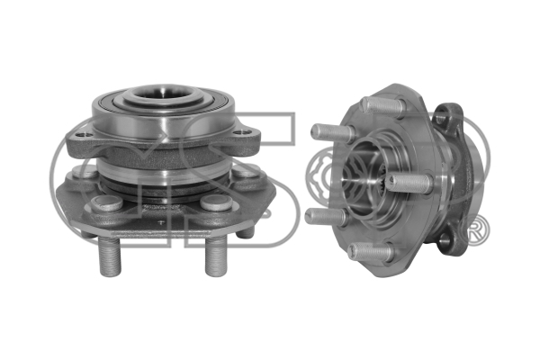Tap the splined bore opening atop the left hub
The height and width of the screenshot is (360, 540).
click(165, 94)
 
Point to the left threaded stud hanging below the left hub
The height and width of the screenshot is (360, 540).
click(110, 256)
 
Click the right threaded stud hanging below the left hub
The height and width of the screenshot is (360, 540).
click(217, 256)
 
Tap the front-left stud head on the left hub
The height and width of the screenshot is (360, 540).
click(107, 203)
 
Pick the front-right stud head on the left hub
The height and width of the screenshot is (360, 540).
click(217, 202)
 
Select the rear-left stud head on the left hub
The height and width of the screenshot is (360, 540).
click(84, 171)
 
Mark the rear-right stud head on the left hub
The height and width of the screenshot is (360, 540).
click(245, 170)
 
